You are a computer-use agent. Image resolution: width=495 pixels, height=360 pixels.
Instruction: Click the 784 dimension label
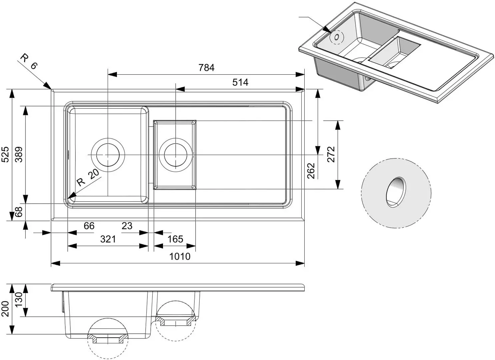pyautogui.click(x=206, y=68)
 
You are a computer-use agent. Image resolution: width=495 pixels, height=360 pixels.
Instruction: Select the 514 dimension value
pyautogui.click(x=240, y=82)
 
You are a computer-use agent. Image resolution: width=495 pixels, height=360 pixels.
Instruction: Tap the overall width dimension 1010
pyautogui.click(x=180, y=256)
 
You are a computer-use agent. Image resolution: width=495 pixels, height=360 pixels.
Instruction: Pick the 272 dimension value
pyautogui.click(x=331, y=154)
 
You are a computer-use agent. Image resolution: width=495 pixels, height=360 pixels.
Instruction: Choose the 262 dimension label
pyautogui.click(x=311, y=171)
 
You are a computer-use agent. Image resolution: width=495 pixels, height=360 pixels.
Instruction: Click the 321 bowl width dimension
pyautogui.click(x=108, y=239)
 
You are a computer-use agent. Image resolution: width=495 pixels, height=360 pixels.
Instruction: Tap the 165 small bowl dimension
pyautogui.click(x=175, y=239)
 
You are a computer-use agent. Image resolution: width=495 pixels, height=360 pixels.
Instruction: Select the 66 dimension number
pyautogui.click(x=89, y=226)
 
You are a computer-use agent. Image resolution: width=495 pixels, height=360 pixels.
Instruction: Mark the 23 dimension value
pyautogui.click(x=127, y=226)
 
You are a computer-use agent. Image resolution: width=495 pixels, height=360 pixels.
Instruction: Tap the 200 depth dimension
pyautogui.click(x=5, y=309)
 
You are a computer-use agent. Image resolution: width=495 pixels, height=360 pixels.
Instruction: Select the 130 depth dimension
pyautogui.click(x=19, y=300)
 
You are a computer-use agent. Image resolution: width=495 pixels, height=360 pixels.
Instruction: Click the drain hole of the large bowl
pyautogui.click(x=108, y=155)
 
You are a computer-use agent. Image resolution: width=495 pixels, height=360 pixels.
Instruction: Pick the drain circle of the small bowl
pyautogui.click(x=175, y=155)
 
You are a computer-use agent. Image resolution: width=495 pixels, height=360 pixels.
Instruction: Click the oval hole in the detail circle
pyautogui.click(x=396, y=192)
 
